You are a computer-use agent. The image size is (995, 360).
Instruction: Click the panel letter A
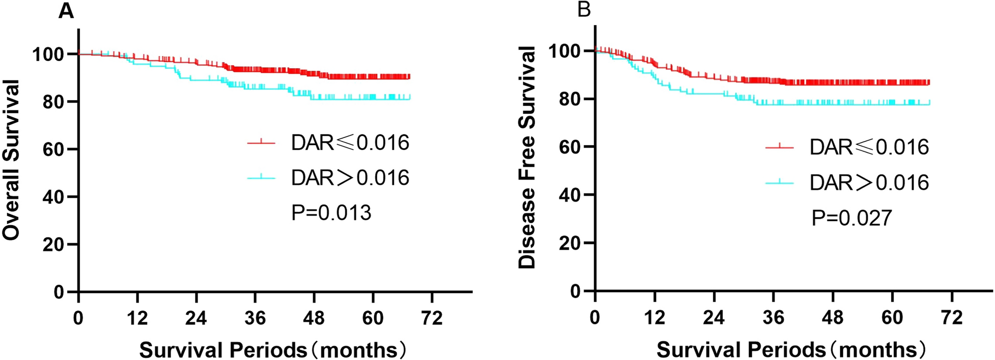click(66, 11)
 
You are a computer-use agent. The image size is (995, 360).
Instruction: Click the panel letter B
click(584, 9)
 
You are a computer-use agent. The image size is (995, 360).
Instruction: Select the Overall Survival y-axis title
click(11, 160)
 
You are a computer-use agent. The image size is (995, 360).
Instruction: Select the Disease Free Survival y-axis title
click(527, 157)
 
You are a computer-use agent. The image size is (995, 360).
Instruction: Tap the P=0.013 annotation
click(332, 213)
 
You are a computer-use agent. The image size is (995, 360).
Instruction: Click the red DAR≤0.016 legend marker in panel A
click(261, 143)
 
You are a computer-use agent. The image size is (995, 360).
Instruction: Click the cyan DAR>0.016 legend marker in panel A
click(261, 178)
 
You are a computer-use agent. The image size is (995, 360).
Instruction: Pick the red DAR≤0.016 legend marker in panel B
click(779, 147)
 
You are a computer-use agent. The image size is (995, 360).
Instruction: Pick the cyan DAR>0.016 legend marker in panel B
click(779, 182)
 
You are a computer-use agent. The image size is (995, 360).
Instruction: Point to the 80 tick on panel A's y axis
click(53, 102)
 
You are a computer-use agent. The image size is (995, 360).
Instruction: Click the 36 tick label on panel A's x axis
click(255, 318)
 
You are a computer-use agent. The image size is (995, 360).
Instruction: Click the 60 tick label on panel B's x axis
click(892, 318)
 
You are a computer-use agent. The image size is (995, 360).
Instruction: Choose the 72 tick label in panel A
click(432, 318)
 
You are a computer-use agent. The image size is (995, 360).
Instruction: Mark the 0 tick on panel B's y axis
click(576, 291)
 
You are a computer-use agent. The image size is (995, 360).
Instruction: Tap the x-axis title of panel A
click(273, 350)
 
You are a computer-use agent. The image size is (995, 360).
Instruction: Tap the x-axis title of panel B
click(791, 350)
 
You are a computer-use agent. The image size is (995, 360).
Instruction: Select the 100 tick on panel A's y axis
click(48, 54)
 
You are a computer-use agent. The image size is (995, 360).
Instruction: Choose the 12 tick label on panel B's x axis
click(654, 318)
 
